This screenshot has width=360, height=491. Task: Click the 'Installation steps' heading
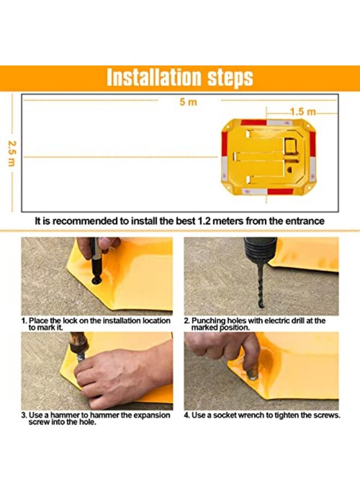tap(179, 77)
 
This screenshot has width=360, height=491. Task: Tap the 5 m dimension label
tap(188, 102)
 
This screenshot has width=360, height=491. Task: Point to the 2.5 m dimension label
tap(11, 153)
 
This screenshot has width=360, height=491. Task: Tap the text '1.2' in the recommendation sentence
tap(205, 221)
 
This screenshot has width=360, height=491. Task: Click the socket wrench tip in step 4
tap(253, 374)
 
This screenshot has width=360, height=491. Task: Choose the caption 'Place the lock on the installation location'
tap(100, 321)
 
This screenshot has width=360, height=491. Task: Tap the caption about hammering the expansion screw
tap(96, 418)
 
